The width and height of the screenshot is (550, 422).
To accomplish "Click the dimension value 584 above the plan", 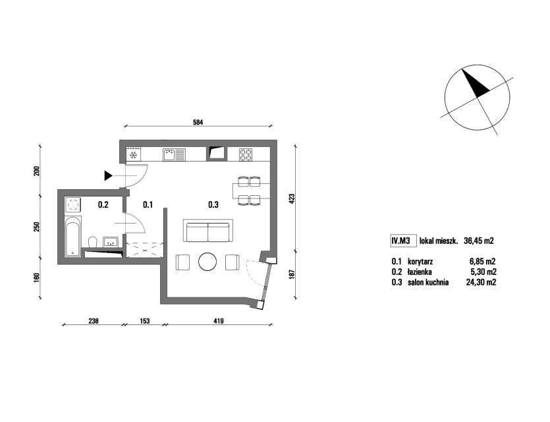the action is [x=198, y=123].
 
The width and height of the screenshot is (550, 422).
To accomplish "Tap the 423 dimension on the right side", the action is [x=292, y=198].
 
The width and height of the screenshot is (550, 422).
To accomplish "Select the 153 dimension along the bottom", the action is [x=144, y=321].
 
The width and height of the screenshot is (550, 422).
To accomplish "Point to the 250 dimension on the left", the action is [x=37, y=227].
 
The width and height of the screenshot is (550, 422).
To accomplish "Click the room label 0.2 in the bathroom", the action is [x=103, y=204].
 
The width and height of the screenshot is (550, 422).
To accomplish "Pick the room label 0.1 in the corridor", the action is [x=148, y=204].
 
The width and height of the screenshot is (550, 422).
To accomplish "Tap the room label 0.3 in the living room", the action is [x=213, y=204].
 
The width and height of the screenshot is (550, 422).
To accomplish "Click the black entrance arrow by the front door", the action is [x=108, y=175].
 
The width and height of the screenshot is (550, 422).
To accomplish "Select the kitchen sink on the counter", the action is [x=174, y=154].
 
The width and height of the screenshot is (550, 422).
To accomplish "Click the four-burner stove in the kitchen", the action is [x=246, y=155].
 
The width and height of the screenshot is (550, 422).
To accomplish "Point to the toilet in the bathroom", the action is [x=93, y=242].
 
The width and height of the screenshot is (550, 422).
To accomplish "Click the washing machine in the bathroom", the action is [x=73, y=204].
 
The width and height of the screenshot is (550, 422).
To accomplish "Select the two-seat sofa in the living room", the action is [x=208, y=231].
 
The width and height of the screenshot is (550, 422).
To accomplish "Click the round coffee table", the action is [x=208, y=262].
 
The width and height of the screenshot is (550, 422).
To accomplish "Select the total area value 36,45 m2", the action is [x=479, y=241].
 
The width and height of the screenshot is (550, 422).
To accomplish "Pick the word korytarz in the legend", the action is [x=420, y=262].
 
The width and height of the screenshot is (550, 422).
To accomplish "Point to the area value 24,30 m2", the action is [x=481, y=282].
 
